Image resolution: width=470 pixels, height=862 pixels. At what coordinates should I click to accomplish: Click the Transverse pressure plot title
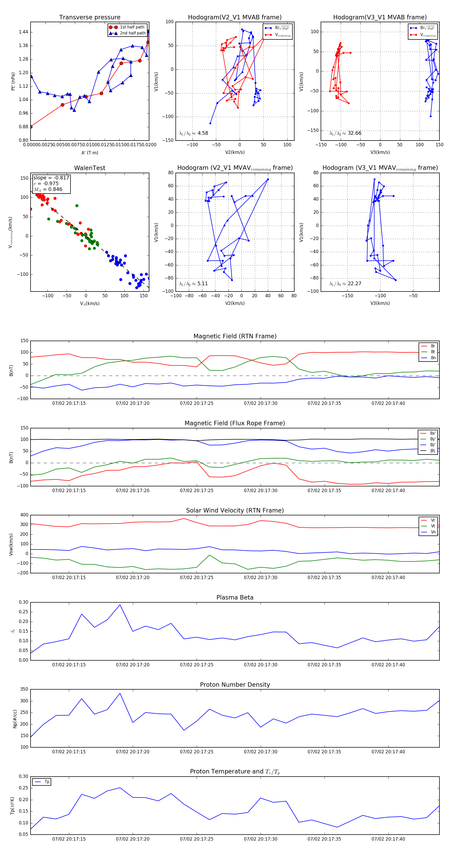click(90, 18)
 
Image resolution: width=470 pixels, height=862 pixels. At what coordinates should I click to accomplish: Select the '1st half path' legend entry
click(132, 27)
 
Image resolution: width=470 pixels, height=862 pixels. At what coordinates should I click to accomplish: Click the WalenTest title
click(90, 168)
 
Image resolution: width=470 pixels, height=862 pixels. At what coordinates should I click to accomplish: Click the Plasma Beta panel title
click(235, 598)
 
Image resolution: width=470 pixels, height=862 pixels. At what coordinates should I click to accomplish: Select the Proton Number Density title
click(235, 685)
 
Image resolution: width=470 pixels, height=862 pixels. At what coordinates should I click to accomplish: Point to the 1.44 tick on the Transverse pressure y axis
click(23, 32)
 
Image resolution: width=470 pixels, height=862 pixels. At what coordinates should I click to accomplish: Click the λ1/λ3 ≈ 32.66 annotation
click(345, 133)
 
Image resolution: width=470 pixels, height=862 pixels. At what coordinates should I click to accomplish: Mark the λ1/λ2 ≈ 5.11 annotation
click(193, 284)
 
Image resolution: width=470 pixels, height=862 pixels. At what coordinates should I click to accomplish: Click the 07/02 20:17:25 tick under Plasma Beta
click(197, 665)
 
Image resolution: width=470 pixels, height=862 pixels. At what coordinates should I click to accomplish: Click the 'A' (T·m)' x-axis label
click(90, 153)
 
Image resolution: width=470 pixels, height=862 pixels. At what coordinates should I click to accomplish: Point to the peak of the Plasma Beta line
click(120, 605)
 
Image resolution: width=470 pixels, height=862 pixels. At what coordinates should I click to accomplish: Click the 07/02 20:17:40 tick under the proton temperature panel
click(388, 839)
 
